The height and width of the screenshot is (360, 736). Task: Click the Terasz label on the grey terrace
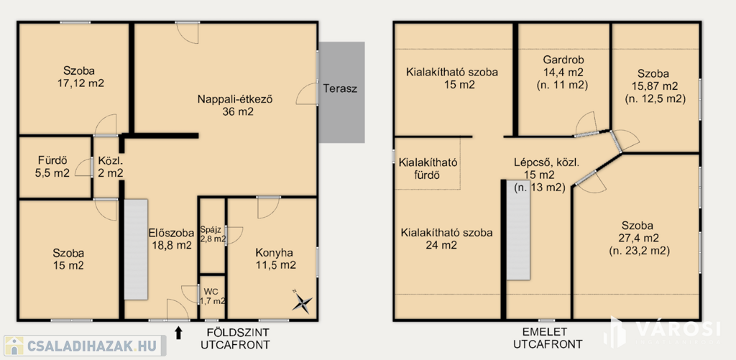(340, 88)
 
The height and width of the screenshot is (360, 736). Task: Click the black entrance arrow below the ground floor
(178, 333)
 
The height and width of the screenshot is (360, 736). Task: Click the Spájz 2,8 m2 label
(213, 234)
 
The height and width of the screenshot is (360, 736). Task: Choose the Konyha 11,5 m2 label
(275, 259)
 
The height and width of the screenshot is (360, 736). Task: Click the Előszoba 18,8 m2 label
(171, 239)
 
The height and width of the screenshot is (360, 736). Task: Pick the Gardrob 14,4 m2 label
(563, 73)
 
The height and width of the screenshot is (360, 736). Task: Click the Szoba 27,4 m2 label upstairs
(637, 238)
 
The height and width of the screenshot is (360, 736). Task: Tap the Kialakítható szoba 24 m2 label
(446, 239)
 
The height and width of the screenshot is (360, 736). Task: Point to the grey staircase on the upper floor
(517, 229)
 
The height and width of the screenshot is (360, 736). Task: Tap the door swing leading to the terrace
(308, 93)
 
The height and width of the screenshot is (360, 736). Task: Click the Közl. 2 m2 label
(110, 167)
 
